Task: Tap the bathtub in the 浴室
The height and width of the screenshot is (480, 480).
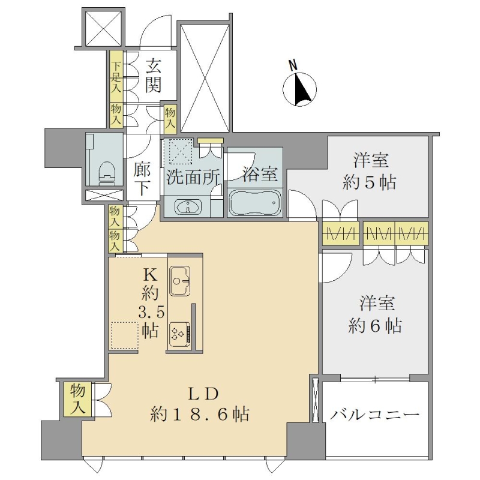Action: [254, 202]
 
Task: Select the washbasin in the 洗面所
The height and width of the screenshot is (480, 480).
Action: [188, 206]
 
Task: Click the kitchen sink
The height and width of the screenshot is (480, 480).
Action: [179, 281]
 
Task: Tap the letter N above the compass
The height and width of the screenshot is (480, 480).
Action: [293, 65]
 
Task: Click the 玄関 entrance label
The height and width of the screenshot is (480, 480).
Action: [153, 76]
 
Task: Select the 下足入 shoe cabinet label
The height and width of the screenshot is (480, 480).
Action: [116, 77]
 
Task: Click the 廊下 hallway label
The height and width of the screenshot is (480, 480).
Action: [142, 179]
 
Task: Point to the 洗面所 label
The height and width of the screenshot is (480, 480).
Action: [193, 178]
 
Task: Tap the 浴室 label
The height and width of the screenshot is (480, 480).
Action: [260, 174]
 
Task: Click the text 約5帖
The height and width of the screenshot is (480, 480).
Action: [370, 183]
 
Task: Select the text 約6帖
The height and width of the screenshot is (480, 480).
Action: [375, 326]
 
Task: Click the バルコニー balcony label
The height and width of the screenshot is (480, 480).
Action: [374, 415]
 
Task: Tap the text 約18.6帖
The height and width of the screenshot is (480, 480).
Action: [200, 415]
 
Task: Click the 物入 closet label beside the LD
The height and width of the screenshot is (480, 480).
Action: [77, 399]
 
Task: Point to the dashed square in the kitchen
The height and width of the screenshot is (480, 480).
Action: [124, 335]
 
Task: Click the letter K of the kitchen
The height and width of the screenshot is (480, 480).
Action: [151, 276]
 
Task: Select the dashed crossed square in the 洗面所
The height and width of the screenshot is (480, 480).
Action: [178, 151]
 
